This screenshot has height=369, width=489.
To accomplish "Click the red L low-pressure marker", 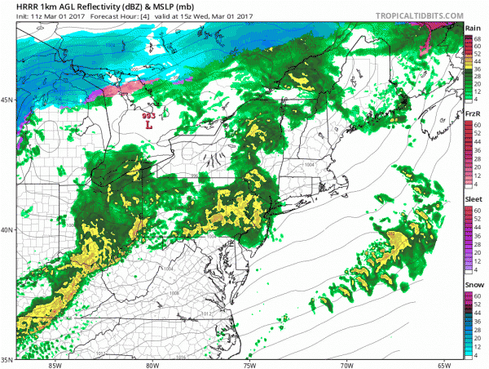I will [148, 127].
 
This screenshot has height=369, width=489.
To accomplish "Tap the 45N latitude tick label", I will [7, 100].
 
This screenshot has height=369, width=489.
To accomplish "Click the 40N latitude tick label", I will [7, 229].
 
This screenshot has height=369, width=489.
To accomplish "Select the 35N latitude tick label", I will [7, 359].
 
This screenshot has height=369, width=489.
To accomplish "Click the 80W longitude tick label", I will [152, 364].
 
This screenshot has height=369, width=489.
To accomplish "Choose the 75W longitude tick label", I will [249, 364].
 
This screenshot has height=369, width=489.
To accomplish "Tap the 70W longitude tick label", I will [347, 364].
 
